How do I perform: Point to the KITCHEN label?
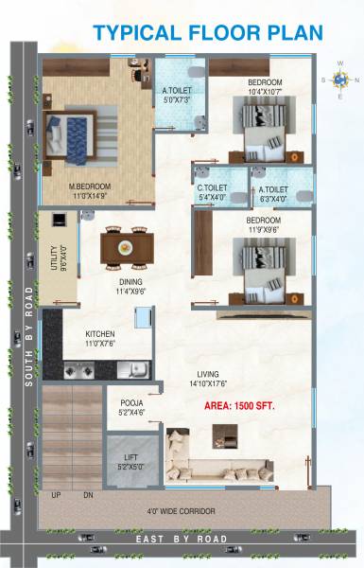click(101, 334)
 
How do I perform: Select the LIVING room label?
click(210, 372)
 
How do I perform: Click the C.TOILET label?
click(211, 188)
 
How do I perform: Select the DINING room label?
click(130, 281)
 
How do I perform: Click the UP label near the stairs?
click(57, 495)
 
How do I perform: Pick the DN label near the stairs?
click(89, 495)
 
